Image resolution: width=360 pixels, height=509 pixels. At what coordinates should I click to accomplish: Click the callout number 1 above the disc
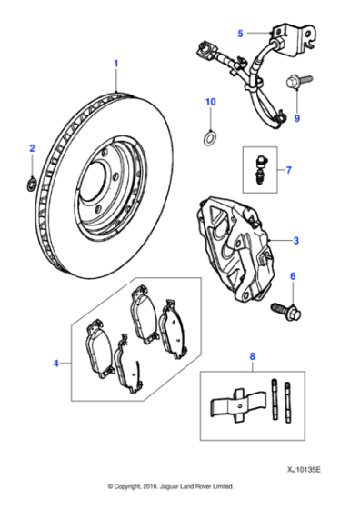tap(115, 63)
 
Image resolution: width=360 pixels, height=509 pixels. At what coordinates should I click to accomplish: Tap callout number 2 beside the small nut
tap(32, 147)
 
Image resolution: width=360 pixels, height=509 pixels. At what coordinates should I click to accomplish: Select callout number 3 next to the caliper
tap(295, 241)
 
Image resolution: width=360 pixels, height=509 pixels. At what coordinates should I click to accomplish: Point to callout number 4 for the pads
tap(56, 364)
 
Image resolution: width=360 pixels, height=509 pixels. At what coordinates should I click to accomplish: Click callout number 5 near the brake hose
tap(240, 34)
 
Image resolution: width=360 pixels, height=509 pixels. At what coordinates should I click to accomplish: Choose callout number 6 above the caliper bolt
tap(292, 276)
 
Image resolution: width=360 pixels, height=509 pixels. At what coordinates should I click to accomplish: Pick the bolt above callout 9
tap(297, 84)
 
